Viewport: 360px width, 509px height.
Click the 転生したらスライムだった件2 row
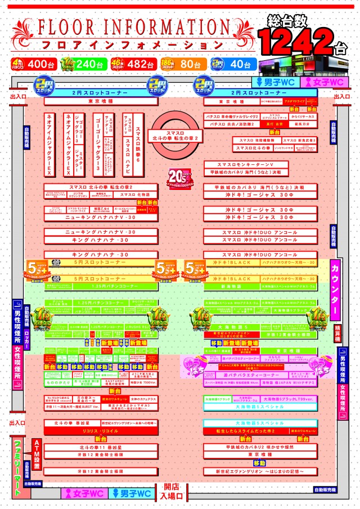coord(259,430)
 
